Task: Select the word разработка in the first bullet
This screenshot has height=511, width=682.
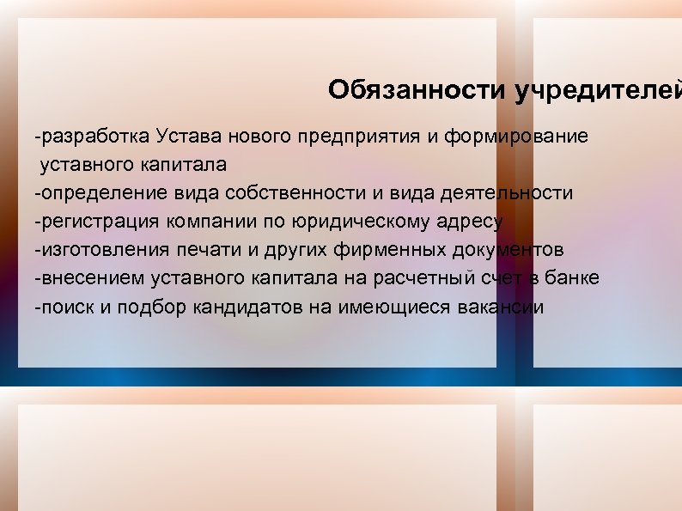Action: click(x=93, y=136)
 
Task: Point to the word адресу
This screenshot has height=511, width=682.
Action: click(x=470, y=222)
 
